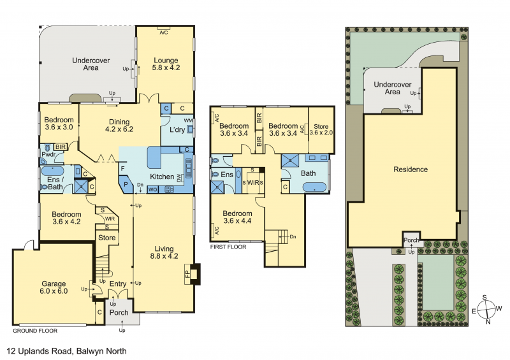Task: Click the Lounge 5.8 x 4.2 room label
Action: point(166,64)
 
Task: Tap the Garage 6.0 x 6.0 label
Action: point(54,287)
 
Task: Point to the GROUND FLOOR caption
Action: point(35,331)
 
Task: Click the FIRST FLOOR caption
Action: point(228,247)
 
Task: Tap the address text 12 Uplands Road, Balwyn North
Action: point(67,351)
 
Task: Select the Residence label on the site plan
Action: point(411,169)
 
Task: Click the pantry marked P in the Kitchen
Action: point(126,184)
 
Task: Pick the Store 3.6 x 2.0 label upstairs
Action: point(321,129)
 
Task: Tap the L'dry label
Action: point(177,129)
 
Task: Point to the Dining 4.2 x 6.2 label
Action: point(119,126)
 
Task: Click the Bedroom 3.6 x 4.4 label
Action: point(237,217)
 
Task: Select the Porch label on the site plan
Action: point(411,240)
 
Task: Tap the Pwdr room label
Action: point(48,154)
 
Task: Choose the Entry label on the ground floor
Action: point(118,284)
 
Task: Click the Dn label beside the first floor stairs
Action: point(293,237)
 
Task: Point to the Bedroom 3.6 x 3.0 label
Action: point(59,123)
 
